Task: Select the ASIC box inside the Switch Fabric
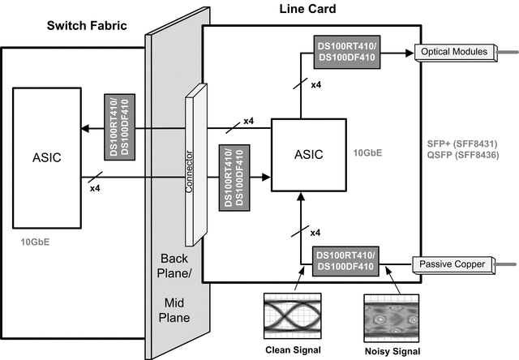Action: [47, 156]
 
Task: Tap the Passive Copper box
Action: [450, 264]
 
